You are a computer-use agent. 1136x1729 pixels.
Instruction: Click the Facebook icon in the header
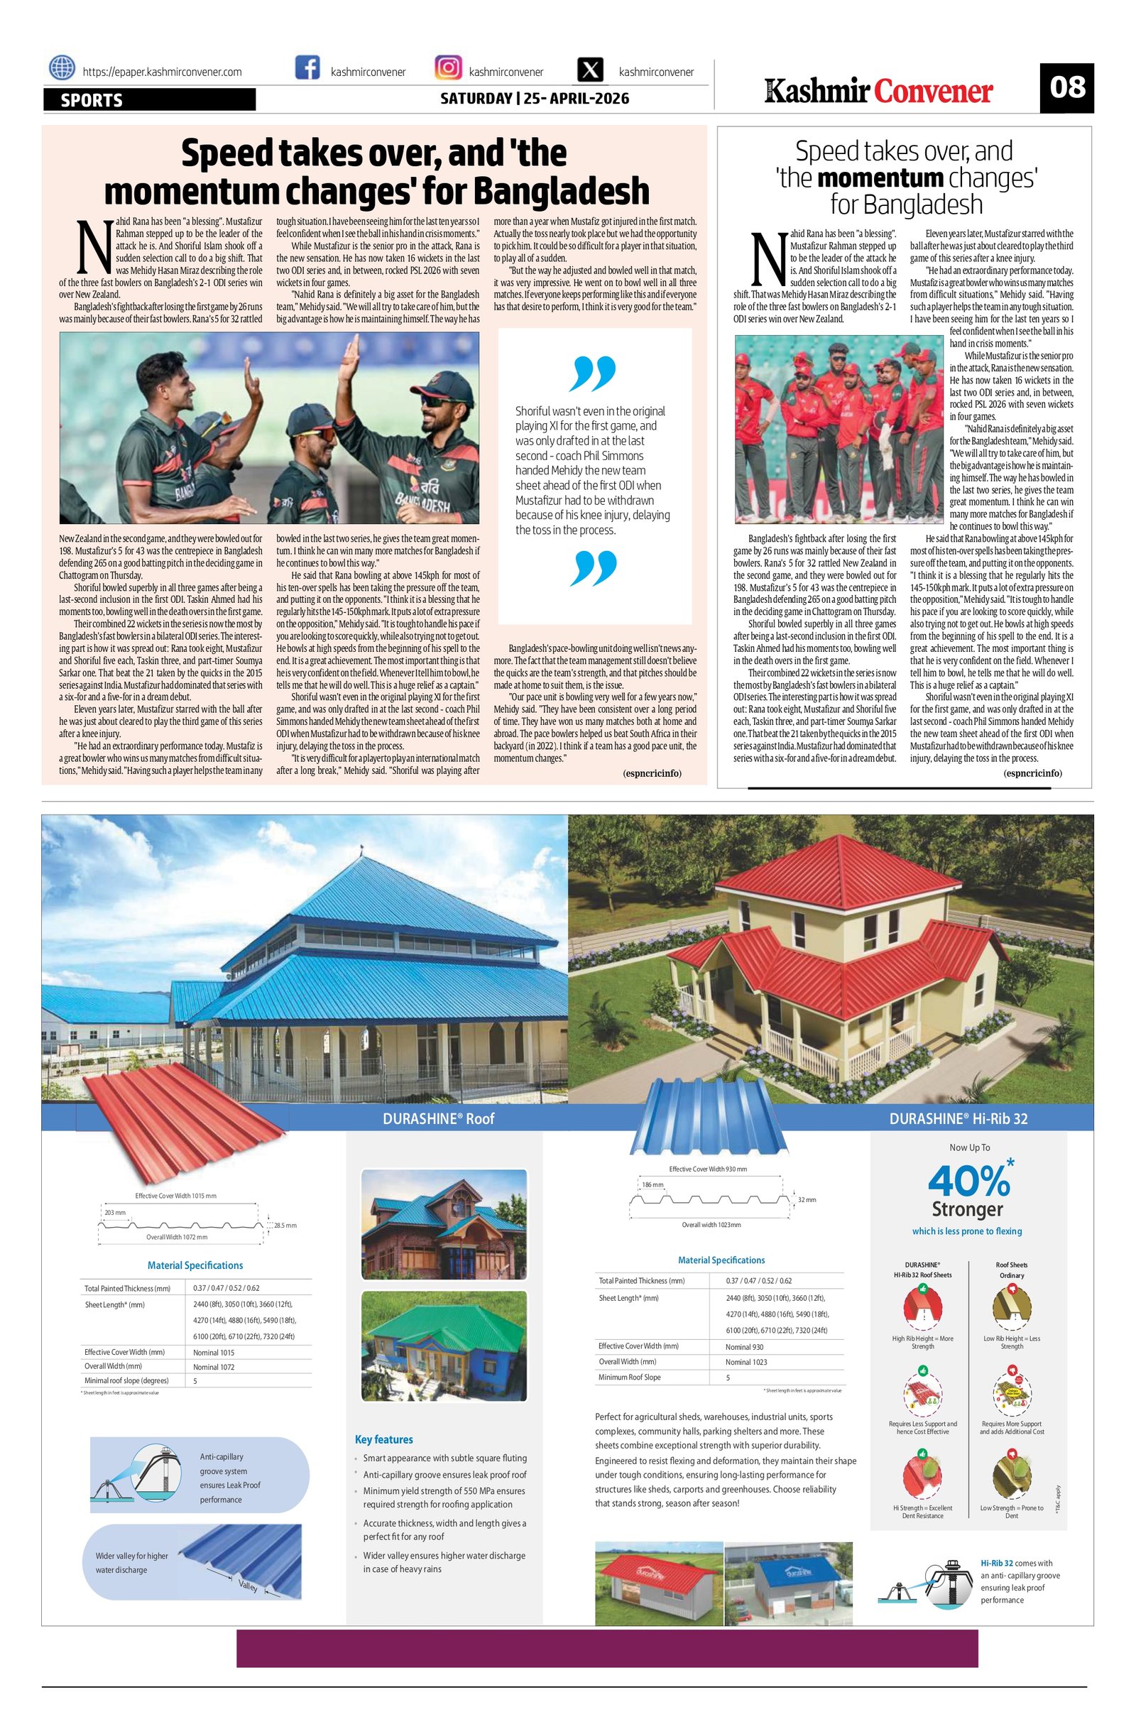[308, 68]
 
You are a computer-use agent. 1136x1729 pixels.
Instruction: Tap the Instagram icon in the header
[448, 68]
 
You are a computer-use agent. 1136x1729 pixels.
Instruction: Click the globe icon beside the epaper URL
[62, 68]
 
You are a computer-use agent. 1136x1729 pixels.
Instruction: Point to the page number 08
[1066, 88]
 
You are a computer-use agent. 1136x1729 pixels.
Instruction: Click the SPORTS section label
[92, 100]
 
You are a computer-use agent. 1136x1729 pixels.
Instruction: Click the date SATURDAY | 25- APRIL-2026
[535, 98]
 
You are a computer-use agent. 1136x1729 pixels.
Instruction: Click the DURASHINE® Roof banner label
[438, 1118]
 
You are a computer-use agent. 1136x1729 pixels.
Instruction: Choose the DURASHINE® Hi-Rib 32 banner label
[958, 1118]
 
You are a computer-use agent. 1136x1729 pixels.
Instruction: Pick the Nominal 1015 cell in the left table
[214, 1353]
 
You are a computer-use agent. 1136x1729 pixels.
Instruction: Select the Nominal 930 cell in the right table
[745, 1347]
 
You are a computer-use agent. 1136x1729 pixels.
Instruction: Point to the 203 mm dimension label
[115, 1213]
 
